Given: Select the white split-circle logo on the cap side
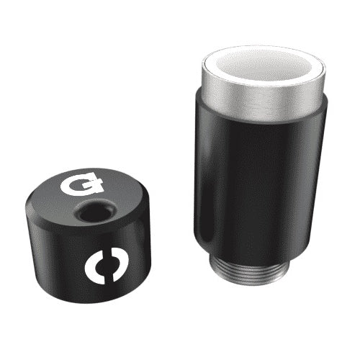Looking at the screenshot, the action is tap(107, 266).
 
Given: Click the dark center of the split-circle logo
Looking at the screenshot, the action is tap(107, 266).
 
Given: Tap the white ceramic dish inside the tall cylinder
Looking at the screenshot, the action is tap(265, 65).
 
